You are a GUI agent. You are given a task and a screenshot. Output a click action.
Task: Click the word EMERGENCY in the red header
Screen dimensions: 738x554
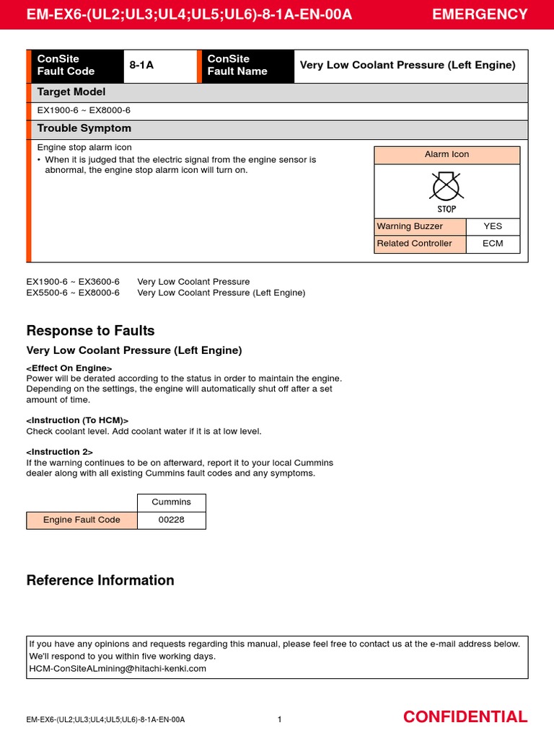480,14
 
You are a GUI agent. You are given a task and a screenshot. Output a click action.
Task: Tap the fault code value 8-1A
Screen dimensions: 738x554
141,66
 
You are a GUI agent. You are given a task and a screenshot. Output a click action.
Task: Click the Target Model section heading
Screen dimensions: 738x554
71,92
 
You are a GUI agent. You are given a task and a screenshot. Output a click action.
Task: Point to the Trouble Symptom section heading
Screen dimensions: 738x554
84,128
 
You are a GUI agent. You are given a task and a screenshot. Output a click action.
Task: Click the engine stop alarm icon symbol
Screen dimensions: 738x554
447,187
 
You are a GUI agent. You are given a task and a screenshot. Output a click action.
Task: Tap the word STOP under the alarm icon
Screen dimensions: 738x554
447,209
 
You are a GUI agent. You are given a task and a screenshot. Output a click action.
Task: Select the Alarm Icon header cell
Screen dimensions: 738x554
447,155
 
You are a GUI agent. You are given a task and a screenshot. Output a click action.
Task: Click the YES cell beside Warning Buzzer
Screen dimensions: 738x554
493,226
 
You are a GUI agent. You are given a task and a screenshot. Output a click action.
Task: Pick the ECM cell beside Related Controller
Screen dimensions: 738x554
493,244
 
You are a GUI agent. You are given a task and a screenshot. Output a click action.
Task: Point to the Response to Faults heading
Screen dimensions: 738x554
90,331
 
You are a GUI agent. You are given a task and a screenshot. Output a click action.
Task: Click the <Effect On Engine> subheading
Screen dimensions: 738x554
69,368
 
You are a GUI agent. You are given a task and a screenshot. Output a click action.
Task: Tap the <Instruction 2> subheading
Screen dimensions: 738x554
60,452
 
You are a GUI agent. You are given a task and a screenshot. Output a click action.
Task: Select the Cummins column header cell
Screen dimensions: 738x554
171,502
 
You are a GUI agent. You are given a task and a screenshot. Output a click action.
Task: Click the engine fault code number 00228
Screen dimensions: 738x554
171,520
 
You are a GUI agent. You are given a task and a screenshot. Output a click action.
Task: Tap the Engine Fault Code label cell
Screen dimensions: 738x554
82,520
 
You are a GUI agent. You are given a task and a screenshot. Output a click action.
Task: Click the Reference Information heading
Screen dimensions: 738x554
100,580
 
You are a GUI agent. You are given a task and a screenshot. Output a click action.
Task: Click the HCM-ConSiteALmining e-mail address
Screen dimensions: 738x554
118,668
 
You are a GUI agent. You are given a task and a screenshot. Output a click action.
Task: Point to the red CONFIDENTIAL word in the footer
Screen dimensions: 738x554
465,716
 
